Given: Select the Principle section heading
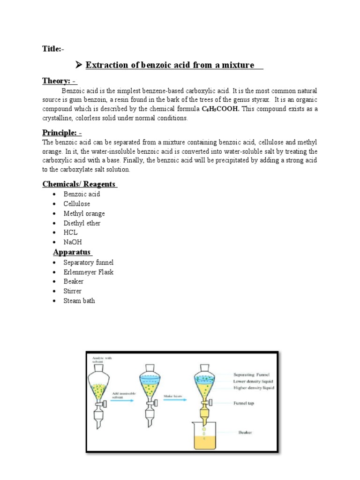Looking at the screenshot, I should pyautogui.click(x=61, y=133).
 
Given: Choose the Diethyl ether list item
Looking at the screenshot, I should pyautogui.click(x=82, y=223).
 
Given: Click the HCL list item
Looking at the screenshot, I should pyautogui.click(x=71, y=232).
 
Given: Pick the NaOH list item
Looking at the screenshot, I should pyautogui.click(x=72, y=242).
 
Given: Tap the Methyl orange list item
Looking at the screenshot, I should pyautogui.click(x=84, y=213).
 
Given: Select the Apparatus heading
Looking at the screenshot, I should pyautogui.click(x=73, y=252).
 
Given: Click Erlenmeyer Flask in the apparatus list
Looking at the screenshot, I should pyautogui.click(x=89, y=272).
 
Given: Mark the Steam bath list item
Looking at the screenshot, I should pyautogui.click(x=79, y=300).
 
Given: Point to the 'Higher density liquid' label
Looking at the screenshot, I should pyautogui.click(x=253, y=387).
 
